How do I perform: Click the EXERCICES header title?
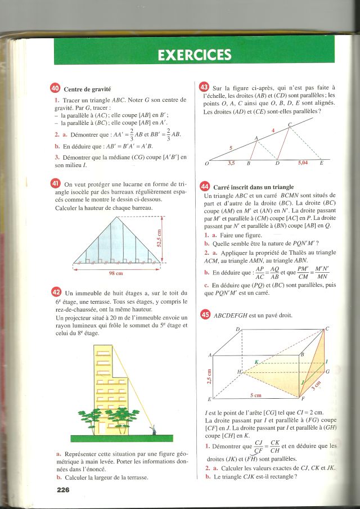click(x=195, y=55)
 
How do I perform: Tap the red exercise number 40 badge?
click(x=55, y=88)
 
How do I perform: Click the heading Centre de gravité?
click(x=88, y=89)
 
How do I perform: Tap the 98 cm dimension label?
click(x=116, y=274)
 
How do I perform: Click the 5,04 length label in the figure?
click(x=303, y=163)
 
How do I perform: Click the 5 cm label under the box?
click(x=255, y=396)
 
